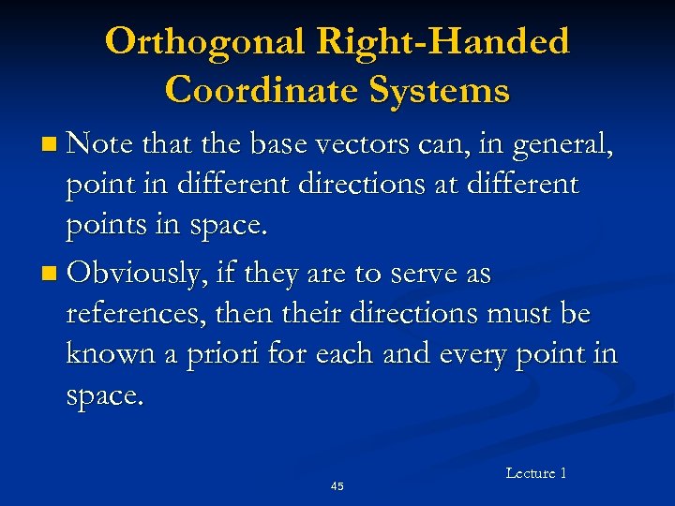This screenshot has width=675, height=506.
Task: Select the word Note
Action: pos(102,145)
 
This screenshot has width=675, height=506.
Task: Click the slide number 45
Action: pos(337,486)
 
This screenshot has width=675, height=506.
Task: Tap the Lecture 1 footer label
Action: pos(535,473)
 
